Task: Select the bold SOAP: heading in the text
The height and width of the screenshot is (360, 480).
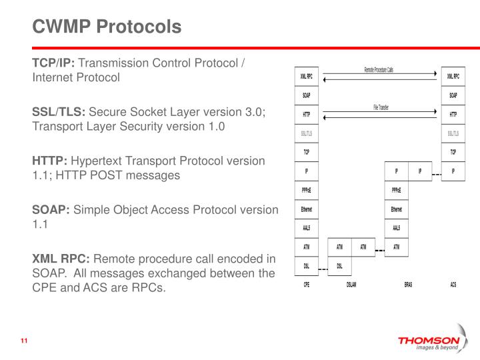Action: pyautogui.click(x=51, y=209)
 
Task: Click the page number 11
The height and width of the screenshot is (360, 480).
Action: pyautogui.click(x=24, y=343)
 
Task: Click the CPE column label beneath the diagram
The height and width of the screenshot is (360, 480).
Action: pyautogui.click(x=306, y=285)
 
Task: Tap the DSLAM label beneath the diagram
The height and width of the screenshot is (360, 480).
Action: pyautogui.click(x=351, y=285)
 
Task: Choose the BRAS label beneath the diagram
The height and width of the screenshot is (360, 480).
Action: pyautogui.click(x=408, y=285)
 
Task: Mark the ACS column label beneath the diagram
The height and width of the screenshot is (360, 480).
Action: pyautogui.click(x=453, y=285)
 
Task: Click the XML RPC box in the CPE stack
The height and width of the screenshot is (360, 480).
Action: pyautogui.click(x=307, y=76)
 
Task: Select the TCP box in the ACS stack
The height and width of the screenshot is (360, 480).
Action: pyautogui.click(x=453, y=152)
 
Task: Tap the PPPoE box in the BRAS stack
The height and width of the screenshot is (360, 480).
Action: pyautogui.click(x=396, y=190)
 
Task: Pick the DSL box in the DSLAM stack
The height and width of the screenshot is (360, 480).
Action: pyautogui.click(x=340, y=266)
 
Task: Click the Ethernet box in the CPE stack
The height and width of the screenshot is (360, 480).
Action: pyautogui.click(x=307, y=209)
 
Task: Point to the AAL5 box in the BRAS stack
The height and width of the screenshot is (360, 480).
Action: pyautogui.click(x=396, y=228)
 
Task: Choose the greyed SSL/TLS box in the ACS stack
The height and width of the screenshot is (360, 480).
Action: pyautogui.click(x=453, y=133)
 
